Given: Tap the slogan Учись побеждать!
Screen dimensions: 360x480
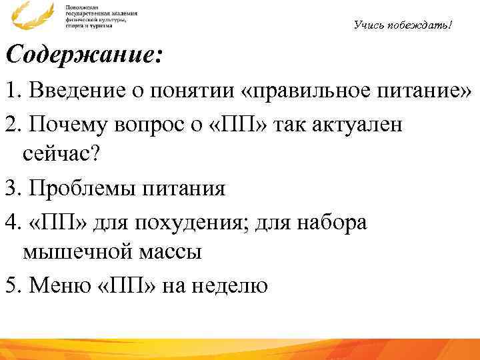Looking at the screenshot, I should pyautogui.click(x=403, y=25).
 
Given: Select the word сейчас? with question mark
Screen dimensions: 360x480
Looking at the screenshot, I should pyautogui.click(x=61, y=155).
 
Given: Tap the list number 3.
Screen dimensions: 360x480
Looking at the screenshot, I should pyautogui.click(x=9, y=188).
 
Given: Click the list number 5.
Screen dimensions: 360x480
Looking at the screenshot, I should pyautogui.click(x=9, y=286).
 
